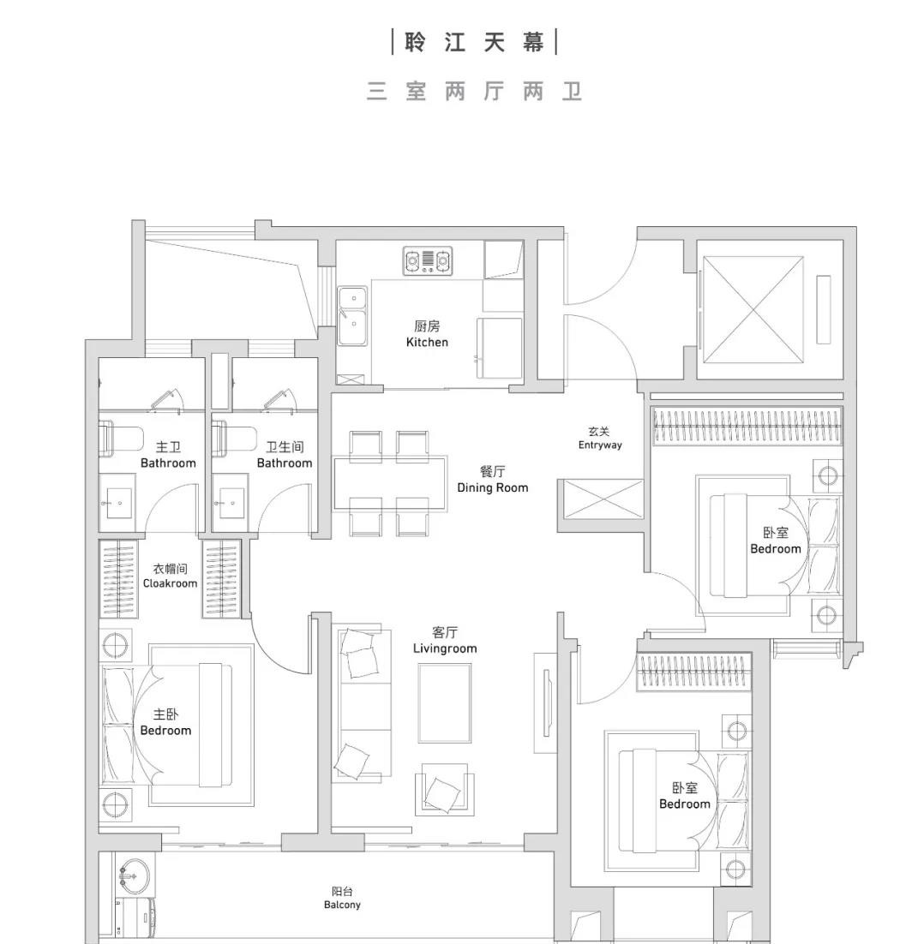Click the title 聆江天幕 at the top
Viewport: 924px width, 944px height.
(474, 42)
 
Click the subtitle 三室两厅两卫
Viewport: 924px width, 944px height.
(474, 92)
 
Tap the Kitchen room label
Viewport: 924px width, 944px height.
(427, 334)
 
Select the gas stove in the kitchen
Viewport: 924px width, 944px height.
(428, 260)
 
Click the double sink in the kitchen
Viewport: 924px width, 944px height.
(351, 314)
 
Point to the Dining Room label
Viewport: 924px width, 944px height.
(492, 480)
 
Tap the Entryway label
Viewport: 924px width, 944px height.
(599, 439)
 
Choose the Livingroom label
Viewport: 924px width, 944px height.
(444, 641)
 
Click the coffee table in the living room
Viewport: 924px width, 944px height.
(444, 702)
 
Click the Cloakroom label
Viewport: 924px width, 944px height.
(170, 576)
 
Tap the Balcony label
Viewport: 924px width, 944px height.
(342, 898)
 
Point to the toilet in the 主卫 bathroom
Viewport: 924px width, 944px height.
(119, 438)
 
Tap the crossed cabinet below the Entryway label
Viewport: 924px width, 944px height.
(603, 499)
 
